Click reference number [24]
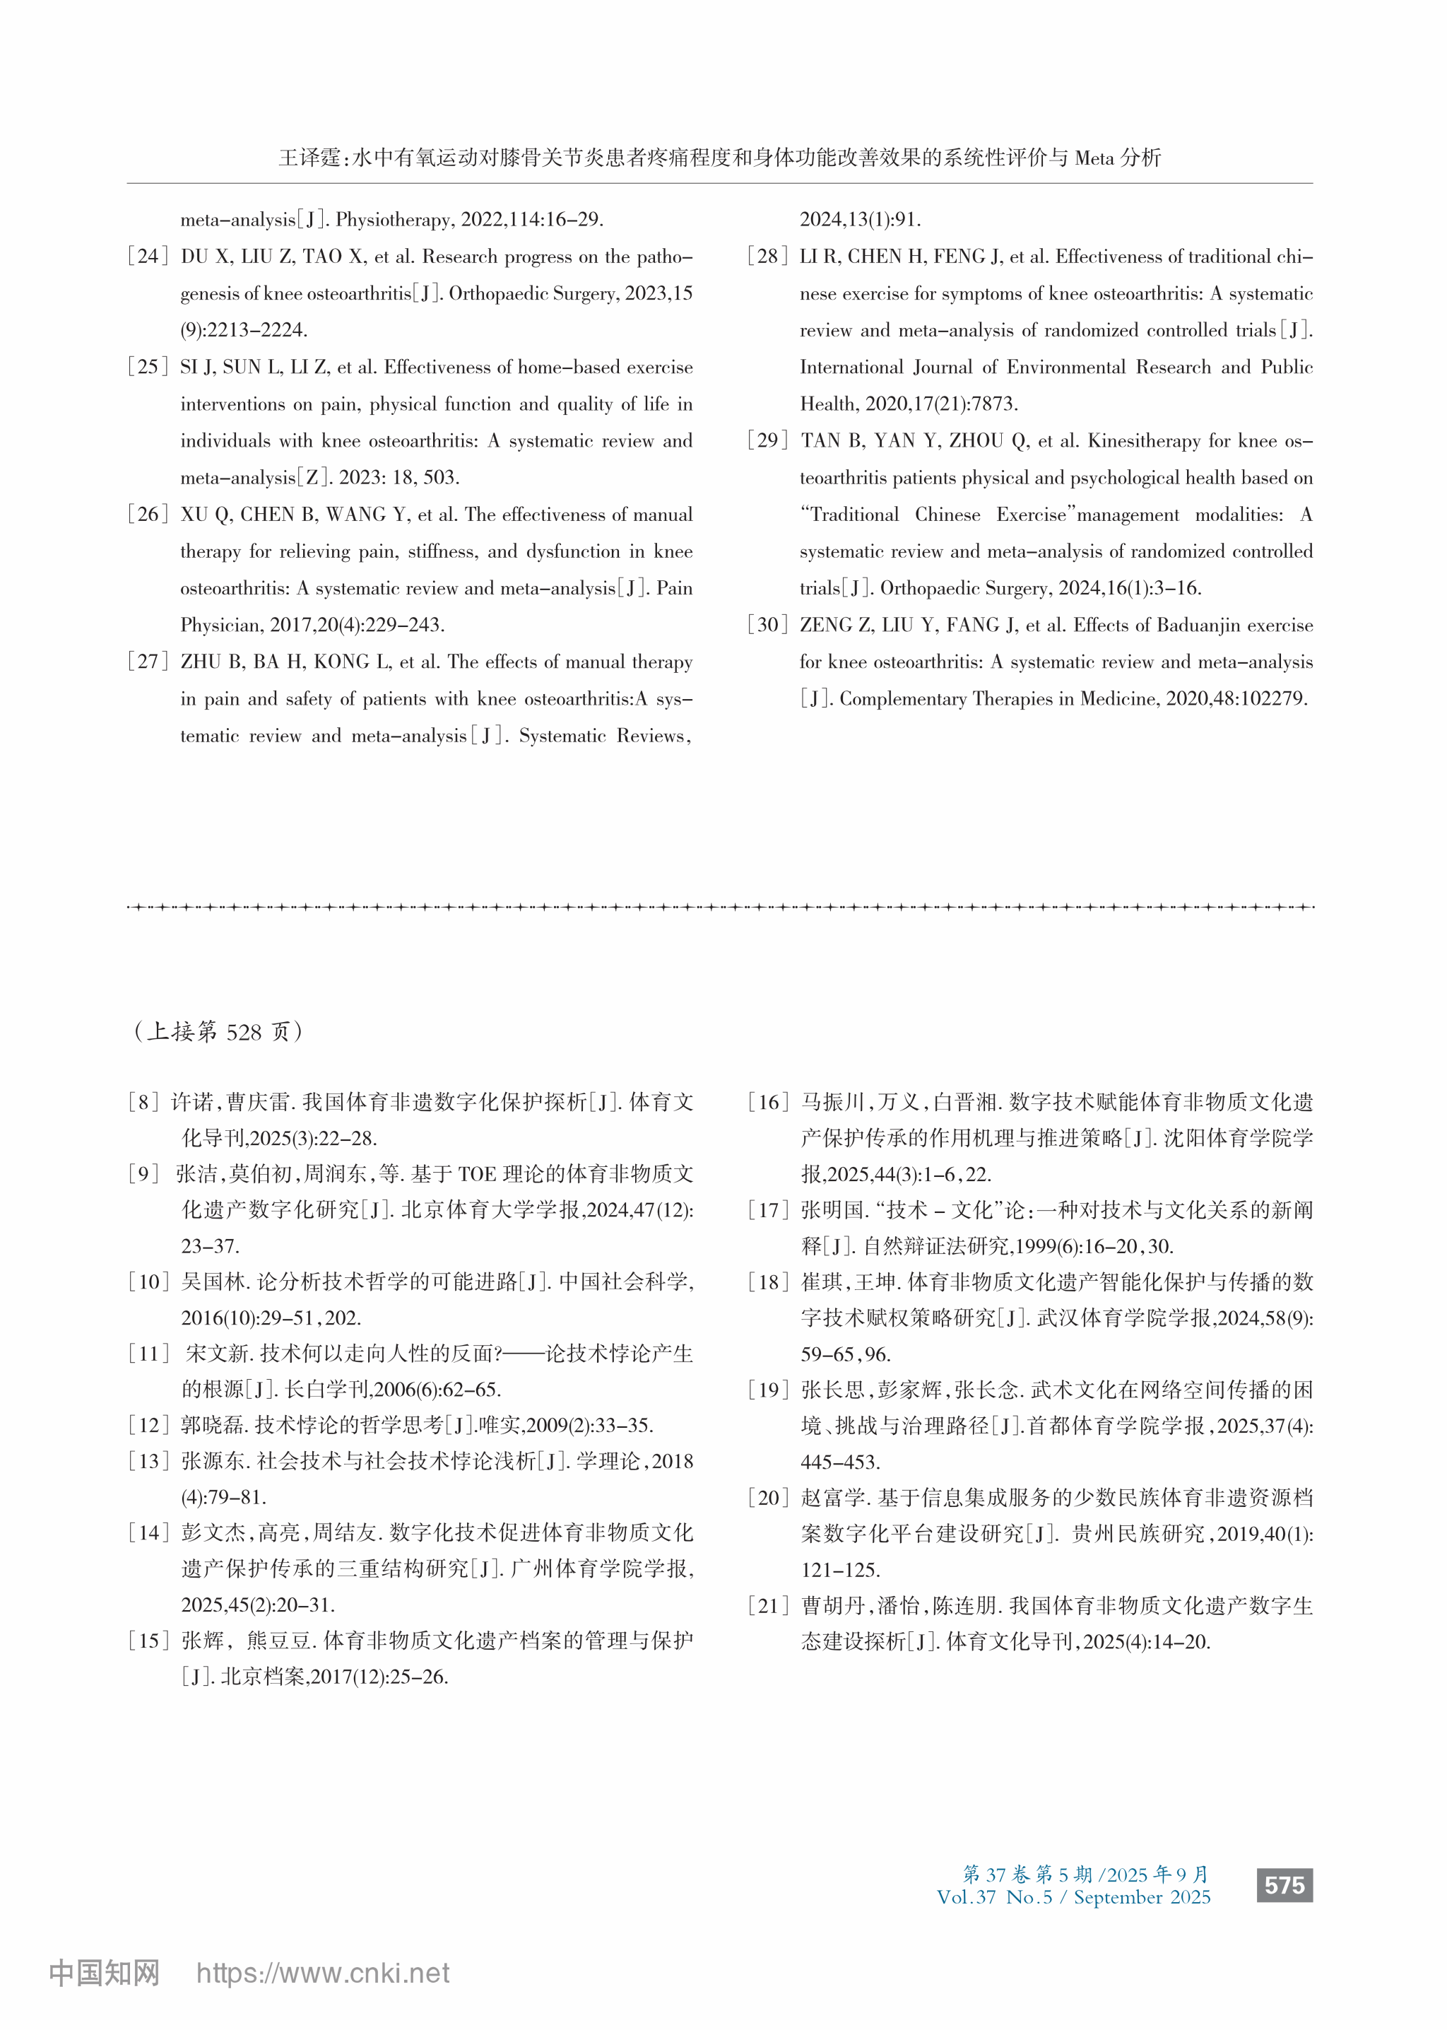(148, 257)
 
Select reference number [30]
(767, 625)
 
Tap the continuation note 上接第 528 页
(219, 1031)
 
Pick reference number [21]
(767, 1606)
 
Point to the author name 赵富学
(833, 1498)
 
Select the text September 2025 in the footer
(1141, 1897)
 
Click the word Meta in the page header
(1094, 158)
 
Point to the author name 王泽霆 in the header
(310, 158)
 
